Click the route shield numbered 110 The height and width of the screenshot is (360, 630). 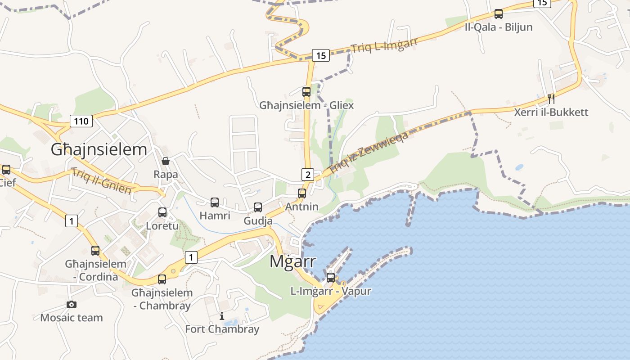click(x=81, y=121)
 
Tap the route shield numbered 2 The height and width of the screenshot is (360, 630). click(x=307, y=175)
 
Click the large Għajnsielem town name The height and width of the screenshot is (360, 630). click(x=99, y=149)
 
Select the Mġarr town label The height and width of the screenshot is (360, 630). click(x=292, y=261)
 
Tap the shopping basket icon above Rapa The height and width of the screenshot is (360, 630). click(x=166, y=161)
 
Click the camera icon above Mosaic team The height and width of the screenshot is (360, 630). click(x=71, y=304)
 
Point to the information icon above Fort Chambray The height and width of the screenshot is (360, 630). click(x=221, y=316)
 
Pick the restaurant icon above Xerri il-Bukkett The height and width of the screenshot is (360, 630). click(x=551, y=99)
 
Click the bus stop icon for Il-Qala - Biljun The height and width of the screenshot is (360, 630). click(x=498, y=14)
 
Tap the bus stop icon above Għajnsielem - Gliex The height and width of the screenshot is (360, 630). click(x=306, y=92)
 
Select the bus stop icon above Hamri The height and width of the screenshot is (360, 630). click(x=215, y=202)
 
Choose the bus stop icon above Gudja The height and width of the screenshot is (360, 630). click(x=258, y=207)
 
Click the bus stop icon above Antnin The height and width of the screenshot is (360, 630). click(x=302, y=193)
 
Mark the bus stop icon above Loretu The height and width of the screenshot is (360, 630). click(x=162, y=212)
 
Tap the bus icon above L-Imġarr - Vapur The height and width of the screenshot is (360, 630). click(x=331, y=278)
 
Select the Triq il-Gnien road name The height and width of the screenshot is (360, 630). click(x=101, y=180)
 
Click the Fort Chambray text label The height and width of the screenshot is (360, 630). click(x=222, y=329)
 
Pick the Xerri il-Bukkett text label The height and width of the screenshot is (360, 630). click(x=551, y=112)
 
